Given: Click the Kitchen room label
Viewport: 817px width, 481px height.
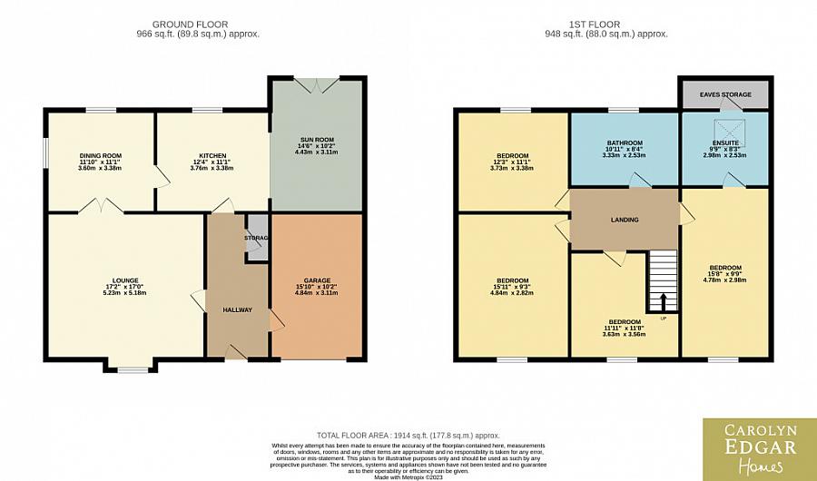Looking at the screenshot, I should pyautogui.click(x=212, y=156).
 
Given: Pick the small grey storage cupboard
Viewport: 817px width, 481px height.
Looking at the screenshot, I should pyautogui.click(x=257, y=240).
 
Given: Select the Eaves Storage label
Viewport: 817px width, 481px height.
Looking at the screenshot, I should pyautogui.click(x=724, y=94).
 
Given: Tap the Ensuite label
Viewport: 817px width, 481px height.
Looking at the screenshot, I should pyautogui.click(x=724, y=143).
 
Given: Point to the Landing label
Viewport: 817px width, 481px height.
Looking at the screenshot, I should pyautogui.click(x=624, y=220).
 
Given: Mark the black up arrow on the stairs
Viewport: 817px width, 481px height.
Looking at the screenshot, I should pyautogui.click(x=662, y=301).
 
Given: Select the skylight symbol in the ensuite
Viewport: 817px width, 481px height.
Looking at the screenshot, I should pyautogui.click(x=725, y=128).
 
